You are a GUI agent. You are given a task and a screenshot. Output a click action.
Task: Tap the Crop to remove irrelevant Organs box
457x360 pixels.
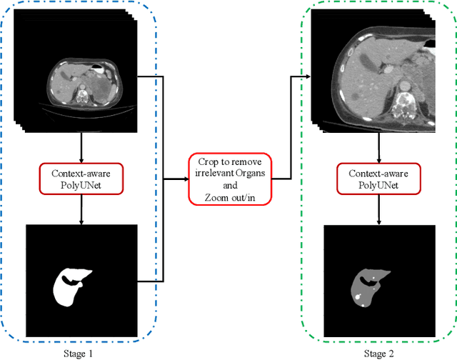coord(230,179)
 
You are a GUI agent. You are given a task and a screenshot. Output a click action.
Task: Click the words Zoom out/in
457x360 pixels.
coord(230,196)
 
